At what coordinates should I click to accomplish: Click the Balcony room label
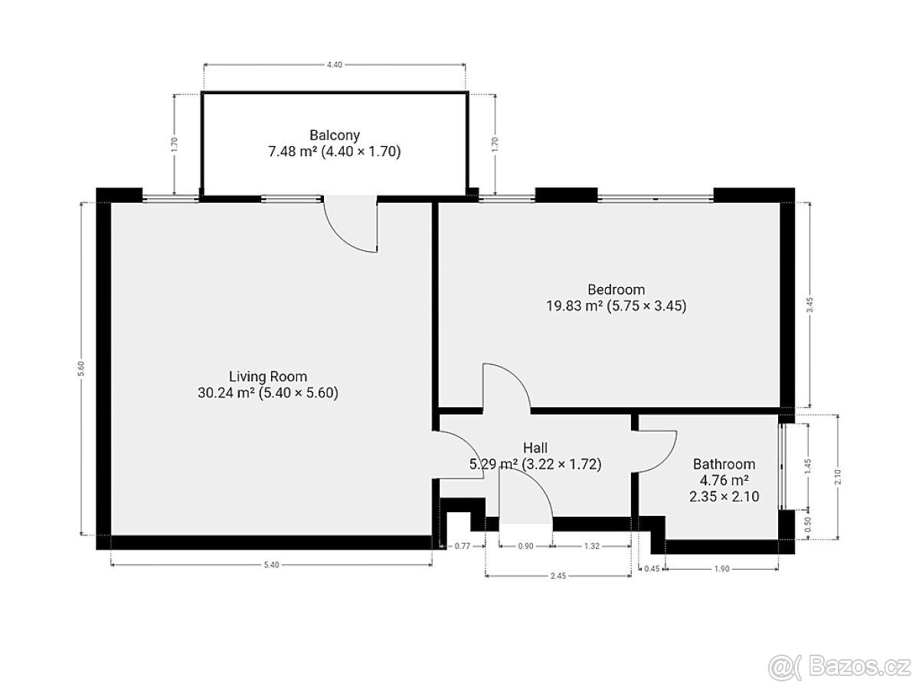click(335, 136)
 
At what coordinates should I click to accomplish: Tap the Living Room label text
click(268, 377)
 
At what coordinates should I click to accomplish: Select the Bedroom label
click(616, 289)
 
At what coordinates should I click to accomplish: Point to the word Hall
click(535, 448)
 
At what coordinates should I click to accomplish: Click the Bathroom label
click(724, 464)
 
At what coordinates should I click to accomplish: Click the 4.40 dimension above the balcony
click(335, 64)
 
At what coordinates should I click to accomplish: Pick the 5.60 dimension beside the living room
click(81, 368)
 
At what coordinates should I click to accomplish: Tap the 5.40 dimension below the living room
click(271, 565)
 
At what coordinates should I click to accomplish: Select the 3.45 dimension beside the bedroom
click(810, 305)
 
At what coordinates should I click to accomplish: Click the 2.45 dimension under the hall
click(558, 576)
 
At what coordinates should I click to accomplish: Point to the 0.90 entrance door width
click(526, 546)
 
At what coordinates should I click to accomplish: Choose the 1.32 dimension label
click(592, 546)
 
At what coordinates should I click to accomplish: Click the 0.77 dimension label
click(463, 546)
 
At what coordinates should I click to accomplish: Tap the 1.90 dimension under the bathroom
click(722, 569)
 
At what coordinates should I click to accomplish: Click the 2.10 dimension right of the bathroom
click(838, 477)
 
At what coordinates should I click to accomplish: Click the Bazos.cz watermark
click(839, 668)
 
